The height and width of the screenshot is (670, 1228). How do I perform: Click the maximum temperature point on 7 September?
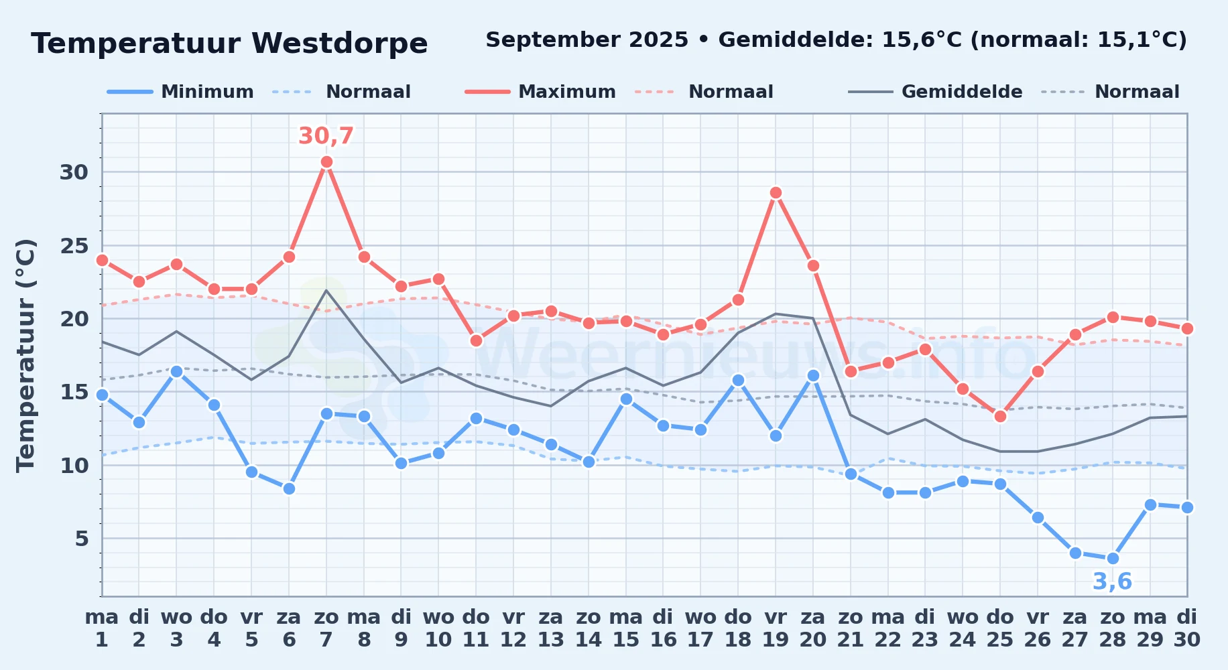(326, 161)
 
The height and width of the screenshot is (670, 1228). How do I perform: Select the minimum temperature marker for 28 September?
(1113, 558)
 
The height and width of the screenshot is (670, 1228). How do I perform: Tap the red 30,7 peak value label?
(326, 136)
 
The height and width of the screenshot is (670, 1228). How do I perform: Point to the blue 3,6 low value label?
(1112, 582)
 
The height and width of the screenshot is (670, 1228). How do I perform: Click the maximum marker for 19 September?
(776, 192)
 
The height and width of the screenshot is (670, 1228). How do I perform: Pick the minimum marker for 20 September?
(813, 375)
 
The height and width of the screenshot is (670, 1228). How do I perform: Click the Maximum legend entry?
(540, 92)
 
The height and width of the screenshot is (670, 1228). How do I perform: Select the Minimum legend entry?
(180, 92)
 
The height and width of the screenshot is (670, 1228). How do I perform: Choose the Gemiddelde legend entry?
(935, 92)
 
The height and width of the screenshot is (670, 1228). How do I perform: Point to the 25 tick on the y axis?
(74, 246)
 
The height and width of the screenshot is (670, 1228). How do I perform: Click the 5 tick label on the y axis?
(82, 538)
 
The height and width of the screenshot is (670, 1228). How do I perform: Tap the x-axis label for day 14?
(589, 628)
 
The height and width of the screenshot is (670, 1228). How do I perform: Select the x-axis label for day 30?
(1187, 628)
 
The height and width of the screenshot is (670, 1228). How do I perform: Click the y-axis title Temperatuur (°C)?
(25, 355)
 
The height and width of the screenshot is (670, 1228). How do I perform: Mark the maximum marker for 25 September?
(1000, 416)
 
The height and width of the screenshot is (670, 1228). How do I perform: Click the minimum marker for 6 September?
(289, 488)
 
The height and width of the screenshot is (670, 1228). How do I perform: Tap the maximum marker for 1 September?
(102, 260)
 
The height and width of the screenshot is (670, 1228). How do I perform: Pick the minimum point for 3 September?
(176, 371)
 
